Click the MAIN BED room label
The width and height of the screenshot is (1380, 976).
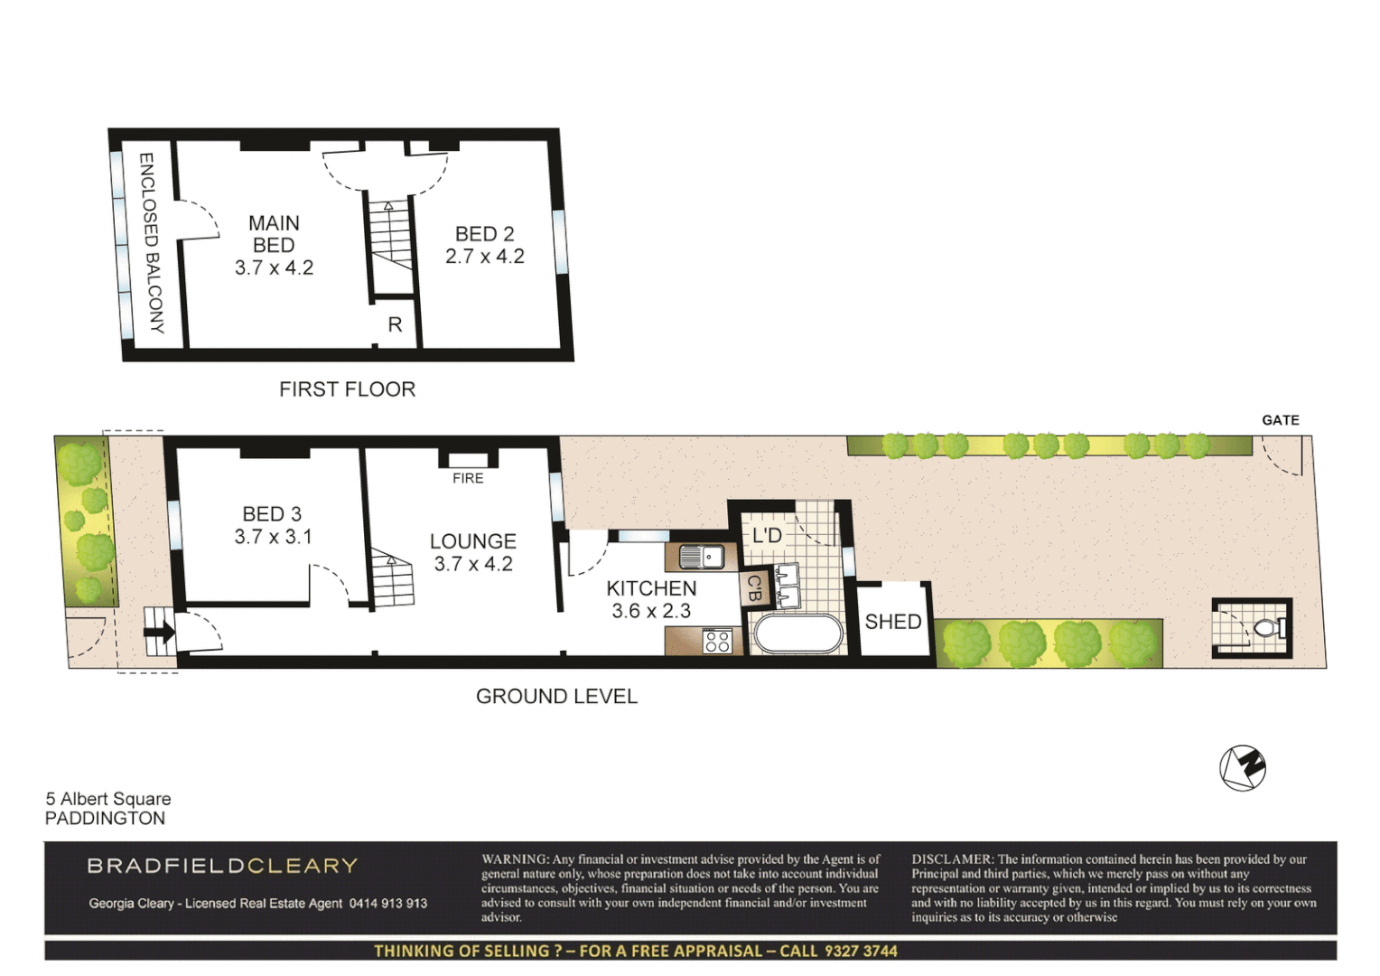(274, 234)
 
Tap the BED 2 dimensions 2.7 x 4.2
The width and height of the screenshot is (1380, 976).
(484, 257)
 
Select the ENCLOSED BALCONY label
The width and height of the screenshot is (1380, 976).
(150, 242)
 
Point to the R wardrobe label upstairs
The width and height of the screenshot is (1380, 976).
(395, 324)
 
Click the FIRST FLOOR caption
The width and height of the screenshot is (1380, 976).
(347, 389)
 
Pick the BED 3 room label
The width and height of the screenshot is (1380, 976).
(272, 514)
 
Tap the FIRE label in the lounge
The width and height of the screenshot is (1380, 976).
(468, 478)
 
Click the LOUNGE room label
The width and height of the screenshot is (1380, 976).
(472, 541)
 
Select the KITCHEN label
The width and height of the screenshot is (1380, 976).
(651, 588)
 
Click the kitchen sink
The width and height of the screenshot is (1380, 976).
(702, 557)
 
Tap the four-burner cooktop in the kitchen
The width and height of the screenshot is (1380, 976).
(717, 641)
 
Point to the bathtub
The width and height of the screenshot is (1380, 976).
(797, 633)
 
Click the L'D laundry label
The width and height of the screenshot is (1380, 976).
(767, 535)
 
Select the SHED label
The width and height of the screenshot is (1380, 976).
(892, 622)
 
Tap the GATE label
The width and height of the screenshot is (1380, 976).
(1280, 420)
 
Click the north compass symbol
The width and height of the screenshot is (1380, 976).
(1243, 768)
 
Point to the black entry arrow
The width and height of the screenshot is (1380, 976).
(160, 632)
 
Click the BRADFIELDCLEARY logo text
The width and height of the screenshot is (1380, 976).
(222, 866)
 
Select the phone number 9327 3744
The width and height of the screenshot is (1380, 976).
(861, 951)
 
